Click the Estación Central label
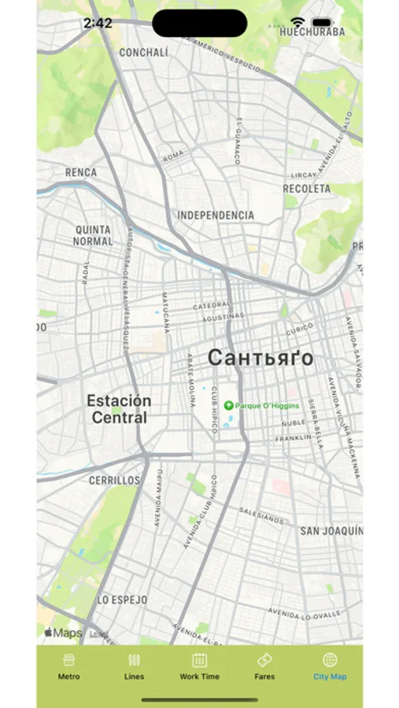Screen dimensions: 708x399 coord(119,409)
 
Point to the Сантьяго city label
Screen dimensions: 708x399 coord(260,358)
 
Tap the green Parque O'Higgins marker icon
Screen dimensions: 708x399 coord(228,405)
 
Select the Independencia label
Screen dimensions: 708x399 coord(216,215)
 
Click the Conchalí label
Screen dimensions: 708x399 coord(144,53)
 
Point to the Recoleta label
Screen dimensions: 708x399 coord(307,189)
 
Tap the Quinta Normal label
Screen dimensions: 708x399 coord(93,235)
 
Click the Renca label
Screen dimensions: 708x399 coord(82,172)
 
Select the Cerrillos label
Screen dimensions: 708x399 coord(114,480)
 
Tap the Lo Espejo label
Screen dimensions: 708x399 coord(122,599)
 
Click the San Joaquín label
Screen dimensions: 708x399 coord(331,531)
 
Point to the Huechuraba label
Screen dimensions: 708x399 coord(312,32)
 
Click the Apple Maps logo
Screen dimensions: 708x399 coord(64,632)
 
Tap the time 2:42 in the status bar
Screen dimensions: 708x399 coord(98,24)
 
